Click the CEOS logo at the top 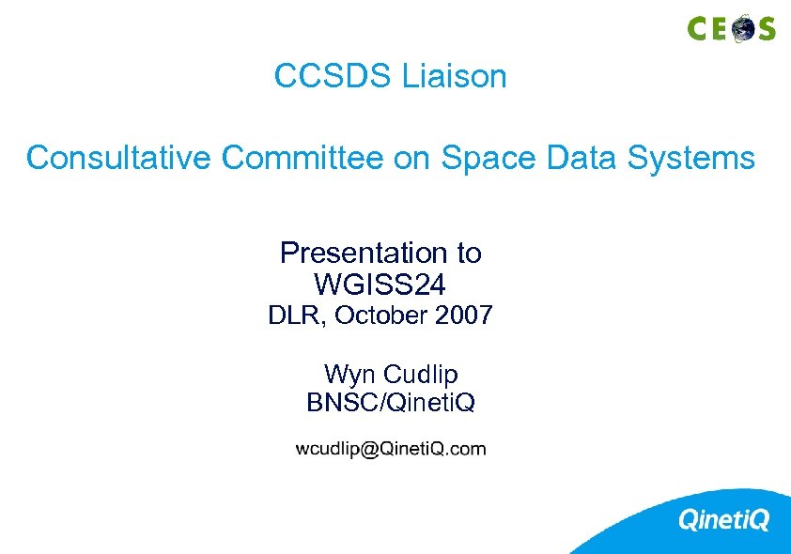point(731,28)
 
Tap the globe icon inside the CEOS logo point(743,28)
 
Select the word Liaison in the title point(455,76)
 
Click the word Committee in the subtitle point(302,158)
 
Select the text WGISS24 point(380,282)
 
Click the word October point(381,315)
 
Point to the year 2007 point(464,315)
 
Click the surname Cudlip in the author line point(419,375)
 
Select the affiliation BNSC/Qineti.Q point(391,403)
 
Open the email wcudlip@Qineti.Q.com point(391,449)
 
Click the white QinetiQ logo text point(723,519)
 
